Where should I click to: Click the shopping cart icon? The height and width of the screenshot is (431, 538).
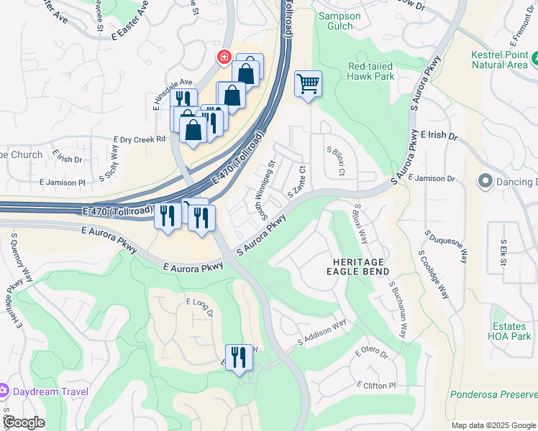308,84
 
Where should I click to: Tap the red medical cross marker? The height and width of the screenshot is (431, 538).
224,56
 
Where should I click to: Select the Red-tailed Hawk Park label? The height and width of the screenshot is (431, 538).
370,70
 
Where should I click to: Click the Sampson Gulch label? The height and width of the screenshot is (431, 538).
335,21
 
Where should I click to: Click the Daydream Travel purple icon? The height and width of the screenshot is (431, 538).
4,391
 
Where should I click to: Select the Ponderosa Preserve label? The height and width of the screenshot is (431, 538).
493,394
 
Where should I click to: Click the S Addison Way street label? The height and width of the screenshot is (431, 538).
322,334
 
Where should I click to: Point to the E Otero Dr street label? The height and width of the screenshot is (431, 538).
371,355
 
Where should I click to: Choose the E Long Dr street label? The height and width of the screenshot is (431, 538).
200,307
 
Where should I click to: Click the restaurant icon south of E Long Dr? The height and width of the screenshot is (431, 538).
239,357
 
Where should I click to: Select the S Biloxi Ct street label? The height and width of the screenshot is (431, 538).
337,162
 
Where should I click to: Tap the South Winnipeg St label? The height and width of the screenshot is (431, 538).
263,190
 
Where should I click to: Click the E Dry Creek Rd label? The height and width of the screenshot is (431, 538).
140,140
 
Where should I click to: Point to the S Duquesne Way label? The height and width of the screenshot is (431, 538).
447,248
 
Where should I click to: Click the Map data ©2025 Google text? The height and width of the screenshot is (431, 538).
492,425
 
